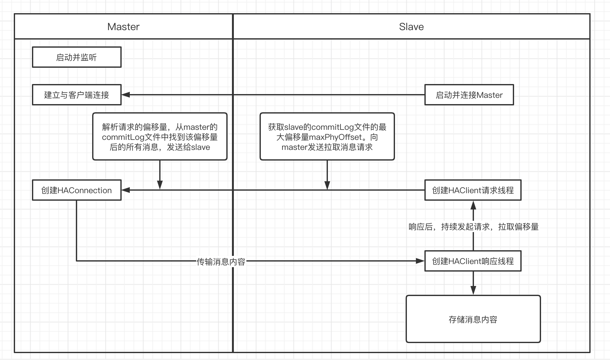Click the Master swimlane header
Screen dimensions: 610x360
[x=124, y=27]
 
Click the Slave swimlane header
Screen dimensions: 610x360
[x=411, y=27]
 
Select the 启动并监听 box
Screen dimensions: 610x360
[x=77, y=57]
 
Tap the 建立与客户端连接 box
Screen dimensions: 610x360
[x=77, y=95]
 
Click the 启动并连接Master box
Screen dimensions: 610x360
[x=469, y=95]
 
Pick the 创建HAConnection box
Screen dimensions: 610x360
[x=77, y=190]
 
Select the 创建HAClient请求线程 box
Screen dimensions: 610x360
[x=473, y=190]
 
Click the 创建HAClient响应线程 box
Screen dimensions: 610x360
[x=473, y=261]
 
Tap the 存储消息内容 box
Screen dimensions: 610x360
[x=473, y=319]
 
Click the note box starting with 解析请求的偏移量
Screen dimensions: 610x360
[x=160, y=137]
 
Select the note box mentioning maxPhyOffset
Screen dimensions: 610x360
[x=327, y=137]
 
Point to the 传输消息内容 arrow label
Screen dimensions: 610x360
[x=221, y=262]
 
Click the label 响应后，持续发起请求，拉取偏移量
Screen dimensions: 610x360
[x=473, y=227]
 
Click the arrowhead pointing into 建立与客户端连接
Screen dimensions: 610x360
[x=126, y=95]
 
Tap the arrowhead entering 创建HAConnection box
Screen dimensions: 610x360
[x=126, y=190]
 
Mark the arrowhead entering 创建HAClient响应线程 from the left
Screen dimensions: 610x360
[x=420, y=261]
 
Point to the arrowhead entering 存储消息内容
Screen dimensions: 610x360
[x=473, y=291]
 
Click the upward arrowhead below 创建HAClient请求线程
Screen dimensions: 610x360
[x=473, y=205]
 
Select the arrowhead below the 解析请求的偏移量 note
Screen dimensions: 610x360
[x=160, y=185]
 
